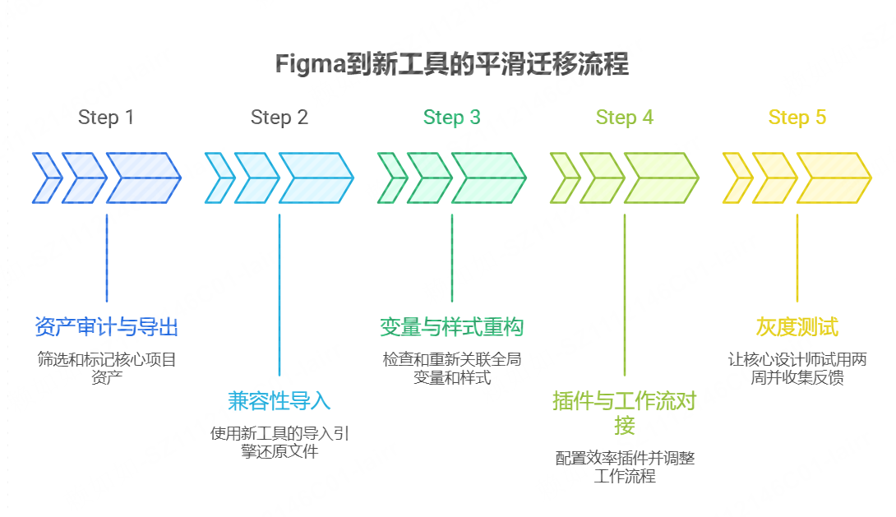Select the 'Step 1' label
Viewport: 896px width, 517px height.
click(x=106, y=118)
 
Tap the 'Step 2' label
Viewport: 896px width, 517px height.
click(x=279, y=118)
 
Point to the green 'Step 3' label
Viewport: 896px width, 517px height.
click(x=451, y=118)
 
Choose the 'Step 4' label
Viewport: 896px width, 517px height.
click(x=624, y=118)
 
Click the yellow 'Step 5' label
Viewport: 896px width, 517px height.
click(x=797, y=118)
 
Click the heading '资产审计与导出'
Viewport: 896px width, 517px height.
click(x=106, y=327)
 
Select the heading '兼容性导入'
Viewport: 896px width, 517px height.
click(x=279, y=401)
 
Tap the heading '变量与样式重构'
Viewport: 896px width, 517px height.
click(x=451, y=327)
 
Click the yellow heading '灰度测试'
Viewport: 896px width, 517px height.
click(x=797, y=327)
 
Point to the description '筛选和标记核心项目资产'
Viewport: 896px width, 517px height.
click(x=106, y=368)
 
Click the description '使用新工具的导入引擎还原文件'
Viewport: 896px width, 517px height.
click(x=279, y=442)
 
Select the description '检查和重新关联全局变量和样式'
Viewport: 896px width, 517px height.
click(x=451, y=368)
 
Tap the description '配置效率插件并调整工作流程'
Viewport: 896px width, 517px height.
click(x=624, y=467)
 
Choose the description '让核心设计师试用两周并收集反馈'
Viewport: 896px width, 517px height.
click(x=797, y=368)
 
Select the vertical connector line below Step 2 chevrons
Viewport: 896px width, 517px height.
click(x=279, y=296)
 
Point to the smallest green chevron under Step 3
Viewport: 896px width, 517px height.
click(x=390, y=178)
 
